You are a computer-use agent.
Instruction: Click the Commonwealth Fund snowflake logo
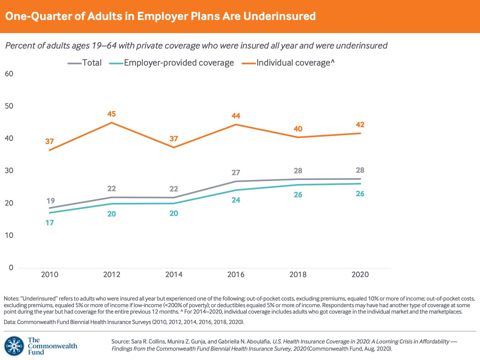click(14, 346)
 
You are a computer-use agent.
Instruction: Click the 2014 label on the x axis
click(174, 275)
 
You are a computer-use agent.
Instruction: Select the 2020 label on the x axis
click(360, 275)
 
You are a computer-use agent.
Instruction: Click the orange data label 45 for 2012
click(112, 114)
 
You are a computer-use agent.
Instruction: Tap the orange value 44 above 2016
click(236, 116)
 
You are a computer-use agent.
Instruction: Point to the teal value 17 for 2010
click(50, 223)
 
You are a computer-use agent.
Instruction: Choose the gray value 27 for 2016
click(236, 173)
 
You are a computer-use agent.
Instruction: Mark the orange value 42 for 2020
click(360, 124)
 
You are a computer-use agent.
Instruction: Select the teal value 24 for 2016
click(236, 199)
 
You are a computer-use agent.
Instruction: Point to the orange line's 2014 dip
click(174, 147)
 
